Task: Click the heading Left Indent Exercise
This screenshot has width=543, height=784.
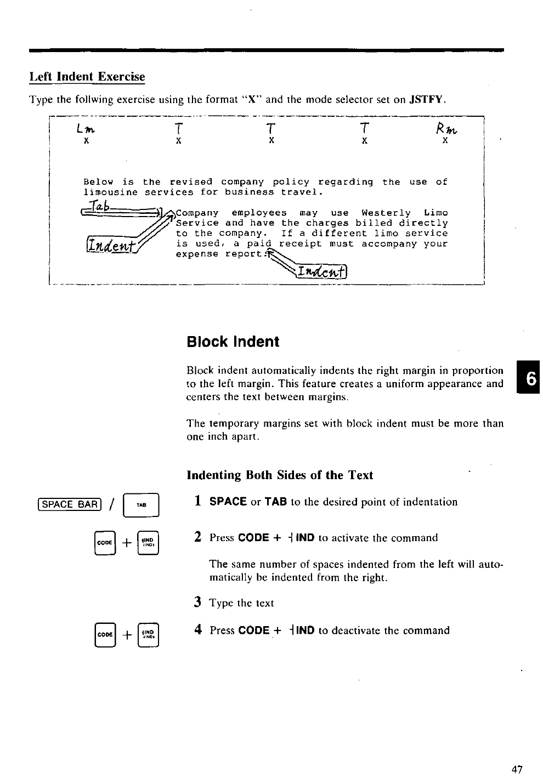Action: (87, 77)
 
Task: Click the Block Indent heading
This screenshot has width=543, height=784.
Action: (233, 342)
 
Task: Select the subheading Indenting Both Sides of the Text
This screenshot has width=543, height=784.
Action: (280, 475)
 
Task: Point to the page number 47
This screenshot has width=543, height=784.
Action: (517, 770)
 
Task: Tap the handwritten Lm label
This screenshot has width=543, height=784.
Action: (86, 129)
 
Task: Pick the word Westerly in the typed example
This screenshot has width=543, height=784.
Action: (386, 213)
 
